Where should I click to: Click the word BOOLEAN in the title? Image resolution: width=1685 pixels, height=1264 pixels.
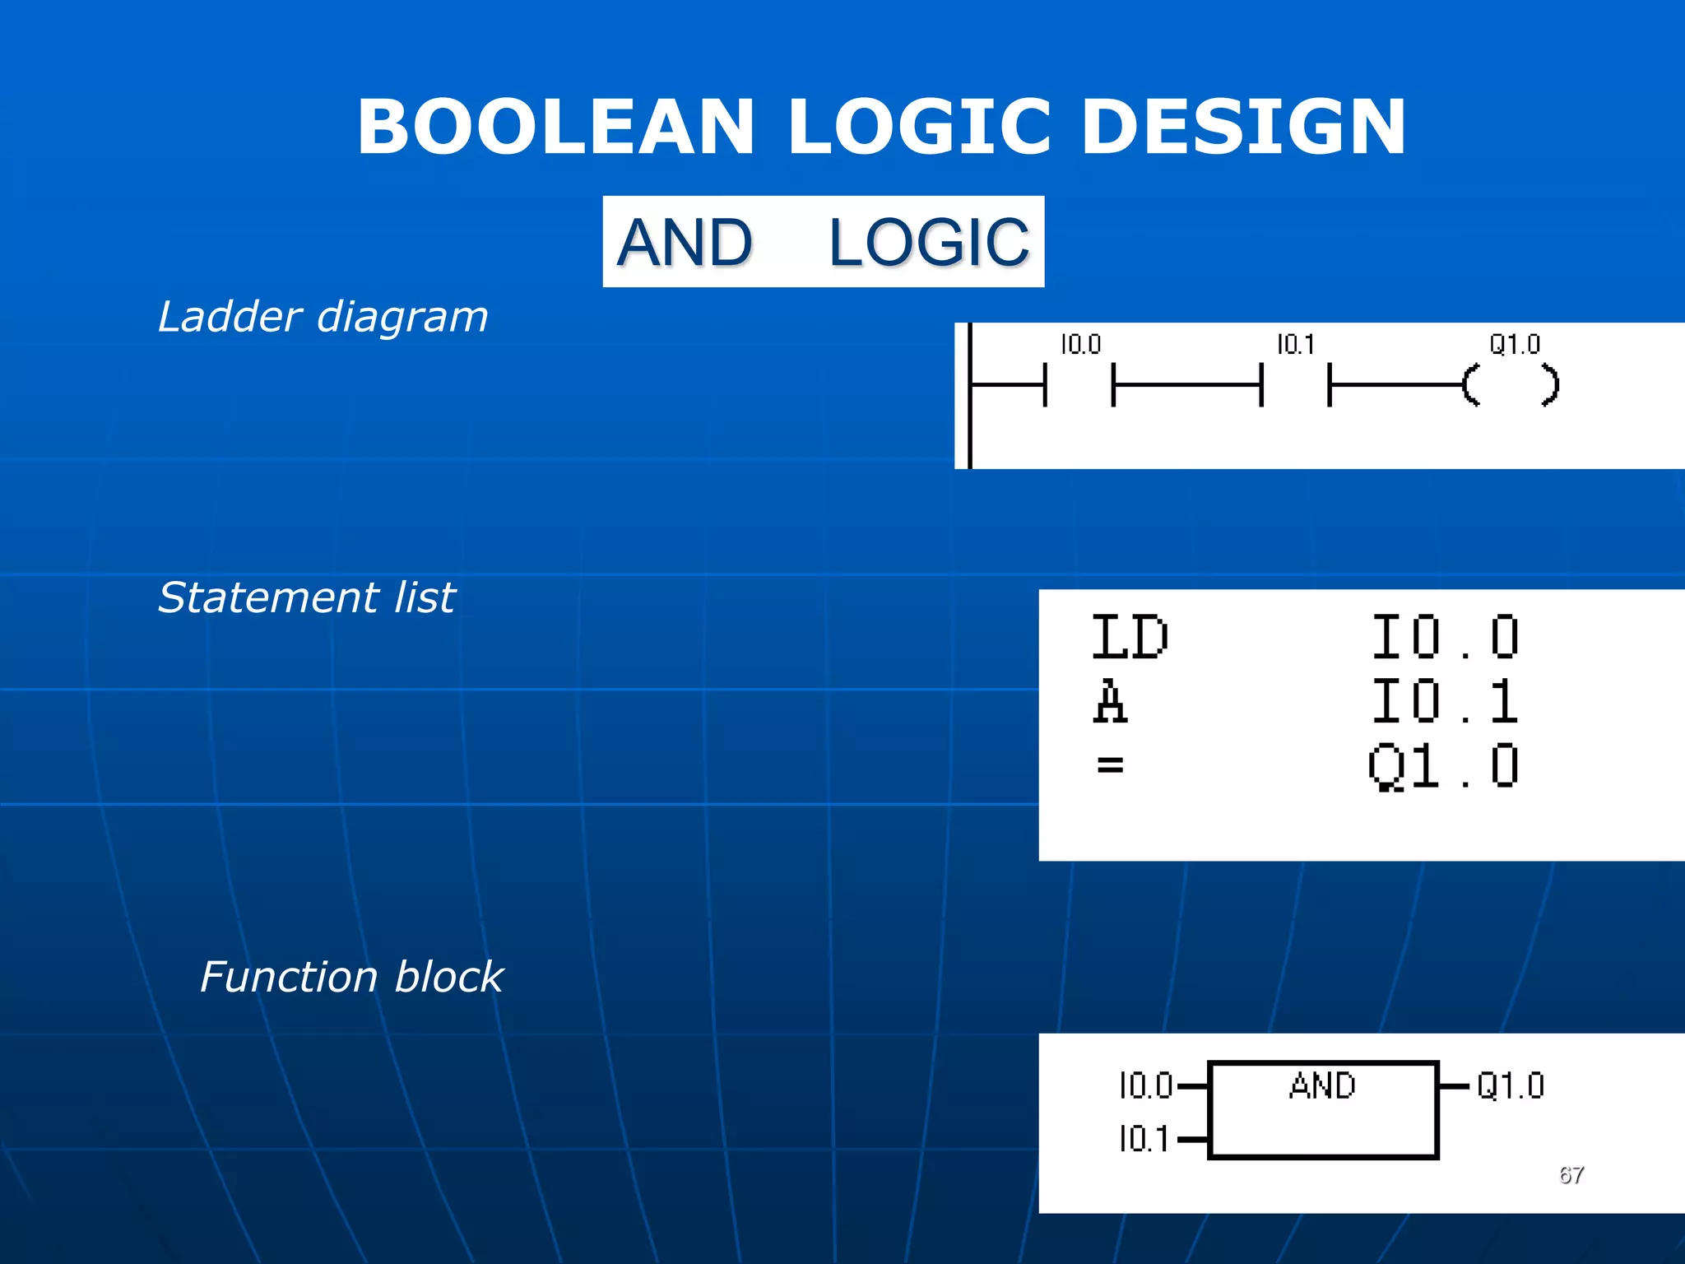(x=556, y=127)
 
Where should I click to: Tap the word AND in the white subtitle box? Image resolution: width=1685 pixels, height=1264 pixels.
(x=685, y=243)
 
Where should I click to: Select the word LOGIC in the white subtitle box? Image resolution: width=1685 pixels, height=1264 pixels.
(x=929, y=243)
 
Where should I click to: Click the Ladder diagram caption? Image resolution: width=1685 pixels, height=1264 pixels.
(x=323, y=317)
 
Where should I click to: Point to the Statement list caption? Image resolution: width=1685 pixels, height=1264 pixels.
(x=306, y=597)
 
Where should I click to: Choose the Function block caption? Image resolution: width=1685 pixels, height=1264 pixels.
(x=351, y=978)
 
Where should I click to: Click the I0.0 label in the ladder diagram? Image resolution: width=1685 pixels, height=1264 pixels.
(x=1080, y=344)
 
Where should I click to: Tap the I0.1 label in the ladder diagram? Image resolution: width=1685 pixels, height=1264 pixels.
(x=1296, y=344)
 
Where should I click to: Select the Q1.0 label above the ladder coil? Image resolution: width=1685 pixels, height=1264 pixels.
(x=1515, y=344)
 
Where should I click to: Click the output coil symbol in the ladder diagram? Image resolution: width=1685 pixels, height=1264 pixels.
(x=1511, y=384)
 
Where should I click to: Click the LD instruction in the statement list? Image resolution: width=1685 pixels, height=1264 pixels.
(x=1130, y=638)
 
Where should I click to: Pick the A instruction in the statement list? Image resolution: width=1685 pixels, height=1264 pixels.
(x=1110, y=702)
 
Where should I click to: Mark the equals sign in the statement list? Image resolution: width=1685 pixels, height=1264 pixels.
(x=1110, y=765)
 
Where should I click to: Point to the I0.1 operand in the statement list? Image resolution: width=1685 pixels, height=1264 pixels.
(x=1445, y=702)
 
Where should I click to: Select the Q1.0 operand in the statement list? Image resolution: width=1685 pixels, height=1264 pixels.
(x=1443, y=766)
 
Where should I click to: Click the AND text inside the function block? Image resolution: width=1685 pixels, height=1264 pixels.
(x=1322, y=1086)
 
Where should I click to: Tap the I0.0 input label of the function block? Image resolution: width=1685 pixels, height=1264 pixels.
(x=1145, y=1086)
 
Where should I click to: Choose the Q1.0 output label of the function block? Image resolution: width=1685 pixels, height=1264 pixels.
(x=1511, y=1086)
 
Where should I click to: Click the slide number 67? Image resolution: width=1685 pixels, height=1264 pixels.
(x=1571, y=1175)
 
